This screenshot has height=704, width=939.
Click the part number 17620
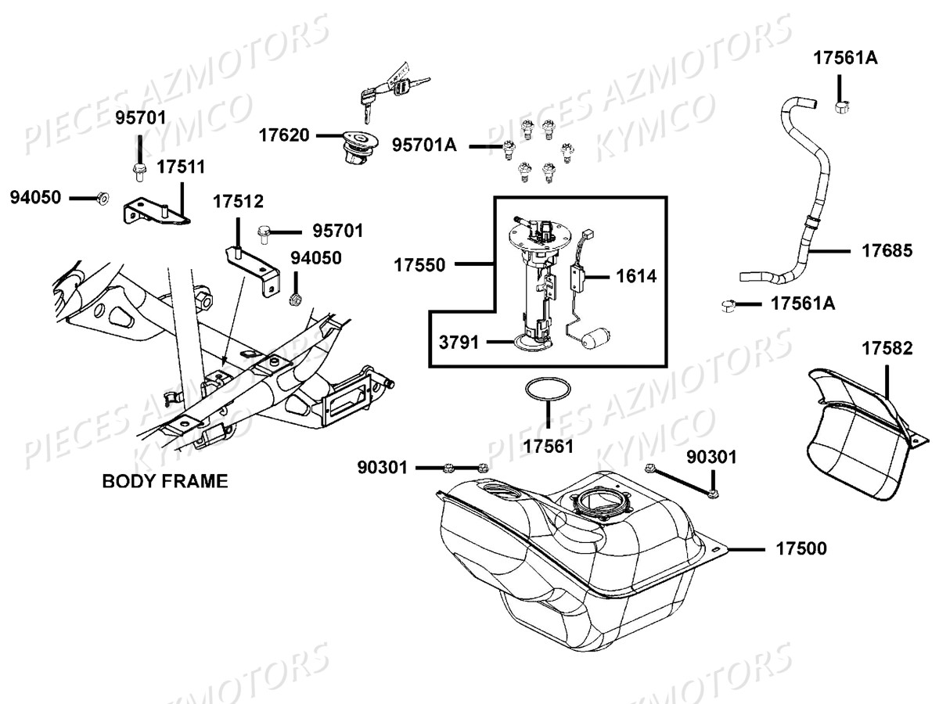[284, 135]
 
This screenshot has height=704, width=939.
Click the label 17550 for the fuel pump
[419, 265]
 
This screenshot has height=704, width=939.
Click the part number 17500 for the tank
[800, 549]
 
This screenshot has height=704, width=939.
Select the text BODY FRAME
[165, 481]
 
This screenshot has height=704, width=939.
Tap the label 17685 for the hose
[887, 251]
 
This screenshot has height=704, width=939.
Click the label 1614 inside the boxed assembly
[635, 275]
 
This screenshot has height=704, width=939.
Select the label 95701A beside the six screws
[424, 145]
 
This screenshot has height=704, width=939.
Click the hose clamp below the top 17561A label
[843, 106]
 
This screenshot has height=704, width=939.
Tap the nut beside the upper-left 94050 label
[103, 199]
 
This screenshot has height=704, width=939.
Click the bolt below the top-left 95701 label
[139, 170]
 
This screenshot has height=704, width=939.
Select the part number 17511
[180, 167]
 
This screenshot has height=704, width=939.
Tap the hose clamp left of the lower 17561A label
[729, 304]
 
